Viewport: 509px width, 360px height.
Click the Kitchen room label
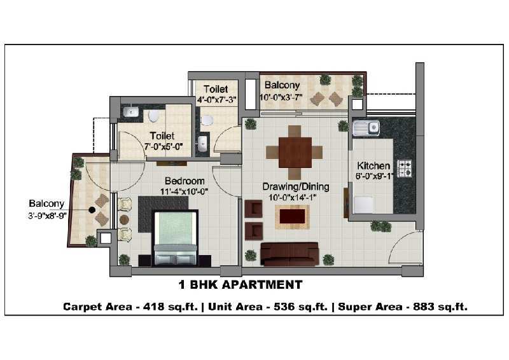[373, 165]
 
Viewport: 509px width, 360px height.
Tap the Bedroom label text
[185, 181]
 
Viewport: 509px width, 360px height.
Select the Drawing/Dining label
[296, 186]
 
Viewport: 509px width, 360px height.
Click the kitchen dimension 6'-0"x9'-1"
[374, 176]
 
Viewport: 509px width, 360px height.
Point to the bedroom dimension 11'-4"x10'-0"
[184, 191]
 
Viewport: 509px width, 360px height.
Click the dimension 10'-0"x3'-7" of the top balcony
[281, 97]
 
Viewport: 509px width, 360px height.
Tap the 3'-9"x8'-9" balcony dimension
[47, 216]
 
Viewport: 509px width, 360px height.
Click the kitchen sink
[366, 128]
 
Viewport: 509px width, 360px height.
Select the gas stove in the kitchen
[405, 169]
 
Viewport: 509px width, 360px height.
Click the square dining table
[295, 153]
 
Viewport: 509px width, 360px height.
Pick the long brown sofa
[289, 254]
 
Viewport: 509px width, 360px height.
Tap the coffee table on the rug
[292, 216]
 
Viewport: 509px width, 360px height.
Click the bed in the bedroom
[176, 237]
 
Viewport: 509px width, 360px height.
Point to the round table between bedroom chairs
[124, 220]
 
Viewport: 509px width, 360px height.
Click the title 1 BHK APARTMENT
[241, 285]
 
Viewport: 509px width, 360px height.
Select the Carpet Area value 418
[153, 307]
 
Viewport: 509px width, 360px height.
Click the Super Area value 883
[424, 307]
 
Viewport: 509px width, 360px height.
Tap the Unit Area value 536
[284, 307]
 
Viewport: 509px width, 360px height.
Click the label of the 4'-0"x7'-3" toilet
[216, 89]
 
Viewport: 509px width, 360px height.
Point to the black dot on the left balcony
[92, 210]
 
